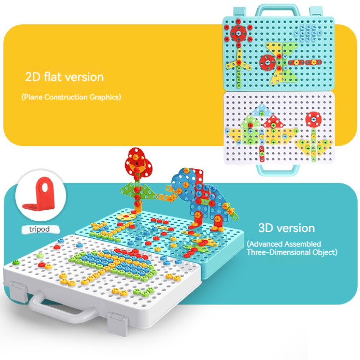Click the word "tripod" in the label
39,229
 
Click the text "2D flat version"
64,77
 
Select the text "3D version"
287,228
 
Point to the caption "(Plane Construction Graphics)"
71,97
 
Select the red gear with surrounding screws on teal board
239,33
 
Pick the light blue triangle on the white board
261,110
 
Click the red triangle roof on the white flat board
273,122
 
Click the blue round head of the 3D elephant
181,183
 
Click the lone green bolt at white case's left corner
16,262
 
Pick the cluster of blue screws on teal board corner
308,33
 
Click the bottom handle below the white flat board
278,169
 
